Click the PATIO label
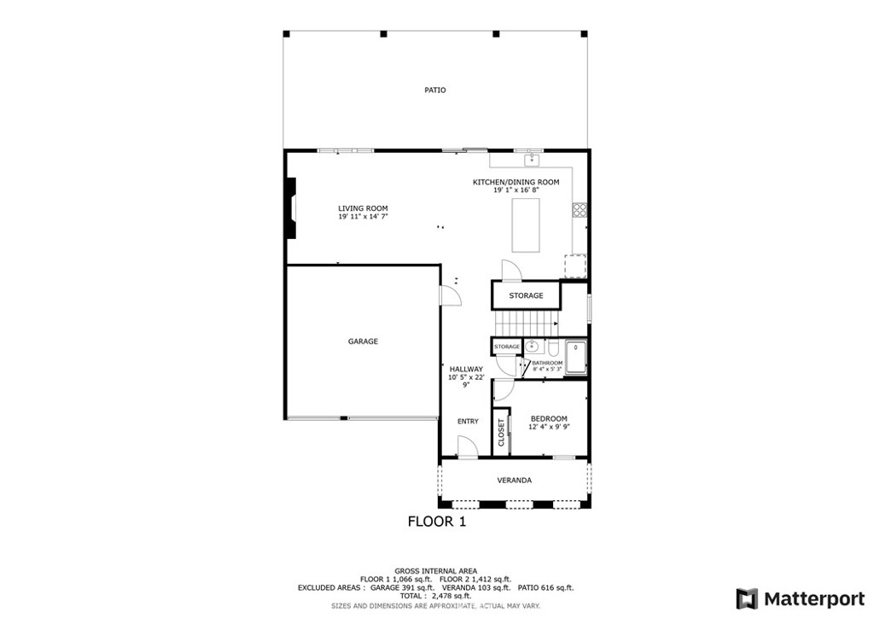(x=435, y=90)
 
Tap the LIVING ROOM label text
(x=363, y=208)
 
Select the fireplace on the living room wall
(x=291, y=209)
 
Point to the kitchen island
(x=526, y=224)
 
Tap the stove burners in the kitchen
(x=580, y=209)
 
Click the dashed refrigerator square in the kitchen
(x=575, y=266)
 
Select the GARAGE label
(x=363, y=341)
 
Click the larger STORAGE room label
(x=526, y=296)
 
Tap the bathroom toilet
(x=553, y=348)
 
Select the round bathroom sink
(x=532, y=347)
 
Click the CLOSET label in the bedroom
(x=502, y=432)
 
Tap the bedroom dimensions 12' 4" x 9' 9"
(x=549, y=427)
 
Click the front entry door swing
(x=467, y=447)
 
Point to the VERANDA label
(x=515, y=481)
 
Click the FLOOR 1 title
(x=436, y=522)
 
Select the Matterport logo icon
(x=747, y=598)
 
